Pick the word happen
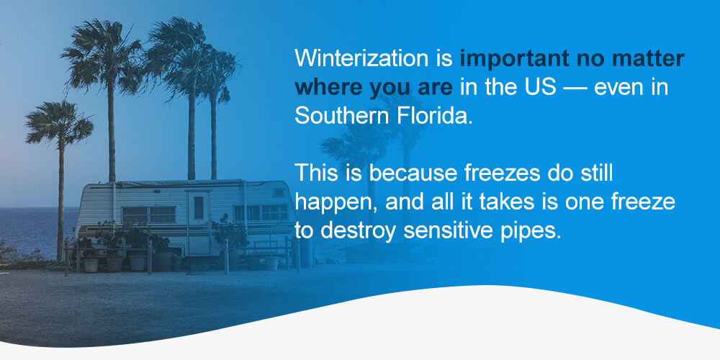click(335, 202)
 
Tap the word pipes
click(529, 230)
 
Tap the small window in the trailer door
click(199, 207)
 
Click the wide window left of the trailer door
click(149, 215)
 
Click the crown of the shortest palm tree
click(59, 122)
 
